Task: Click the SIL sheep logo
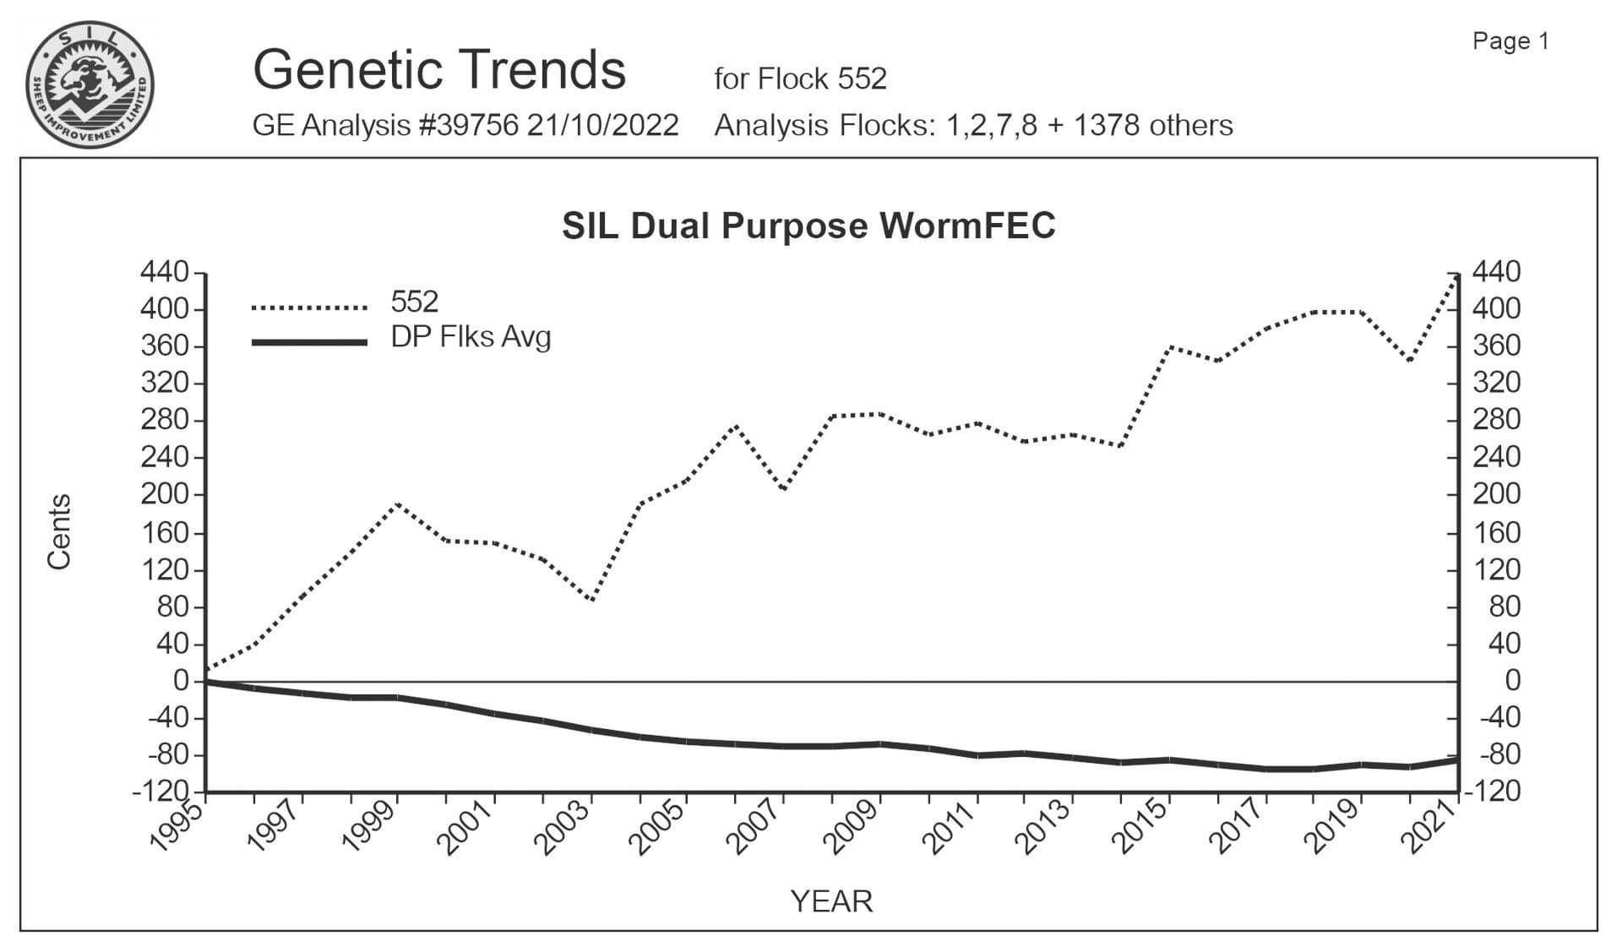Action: tap(90, 84)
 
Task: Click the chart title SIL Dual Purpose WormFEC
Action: tap(808, 226)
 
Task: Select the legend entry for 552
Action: tap(414, 302)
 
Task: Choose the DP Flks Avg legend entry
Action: tap(471, 337)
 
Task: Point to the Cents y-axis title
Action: tap(59, 531)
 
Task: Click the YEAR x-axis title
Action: tap(831, 901)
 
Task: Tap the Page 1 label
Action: tap(1510, 41)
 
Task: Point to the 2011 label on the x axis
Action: tap(950, 828)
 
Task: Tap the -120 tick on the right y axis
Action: tap(1494, 792)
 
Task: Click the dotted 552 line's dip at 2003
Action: tap(591, 601)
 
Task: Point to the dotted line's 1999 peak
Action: tap(397, 504)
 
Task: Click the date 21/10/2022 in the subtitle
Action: tap(603, 126)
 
